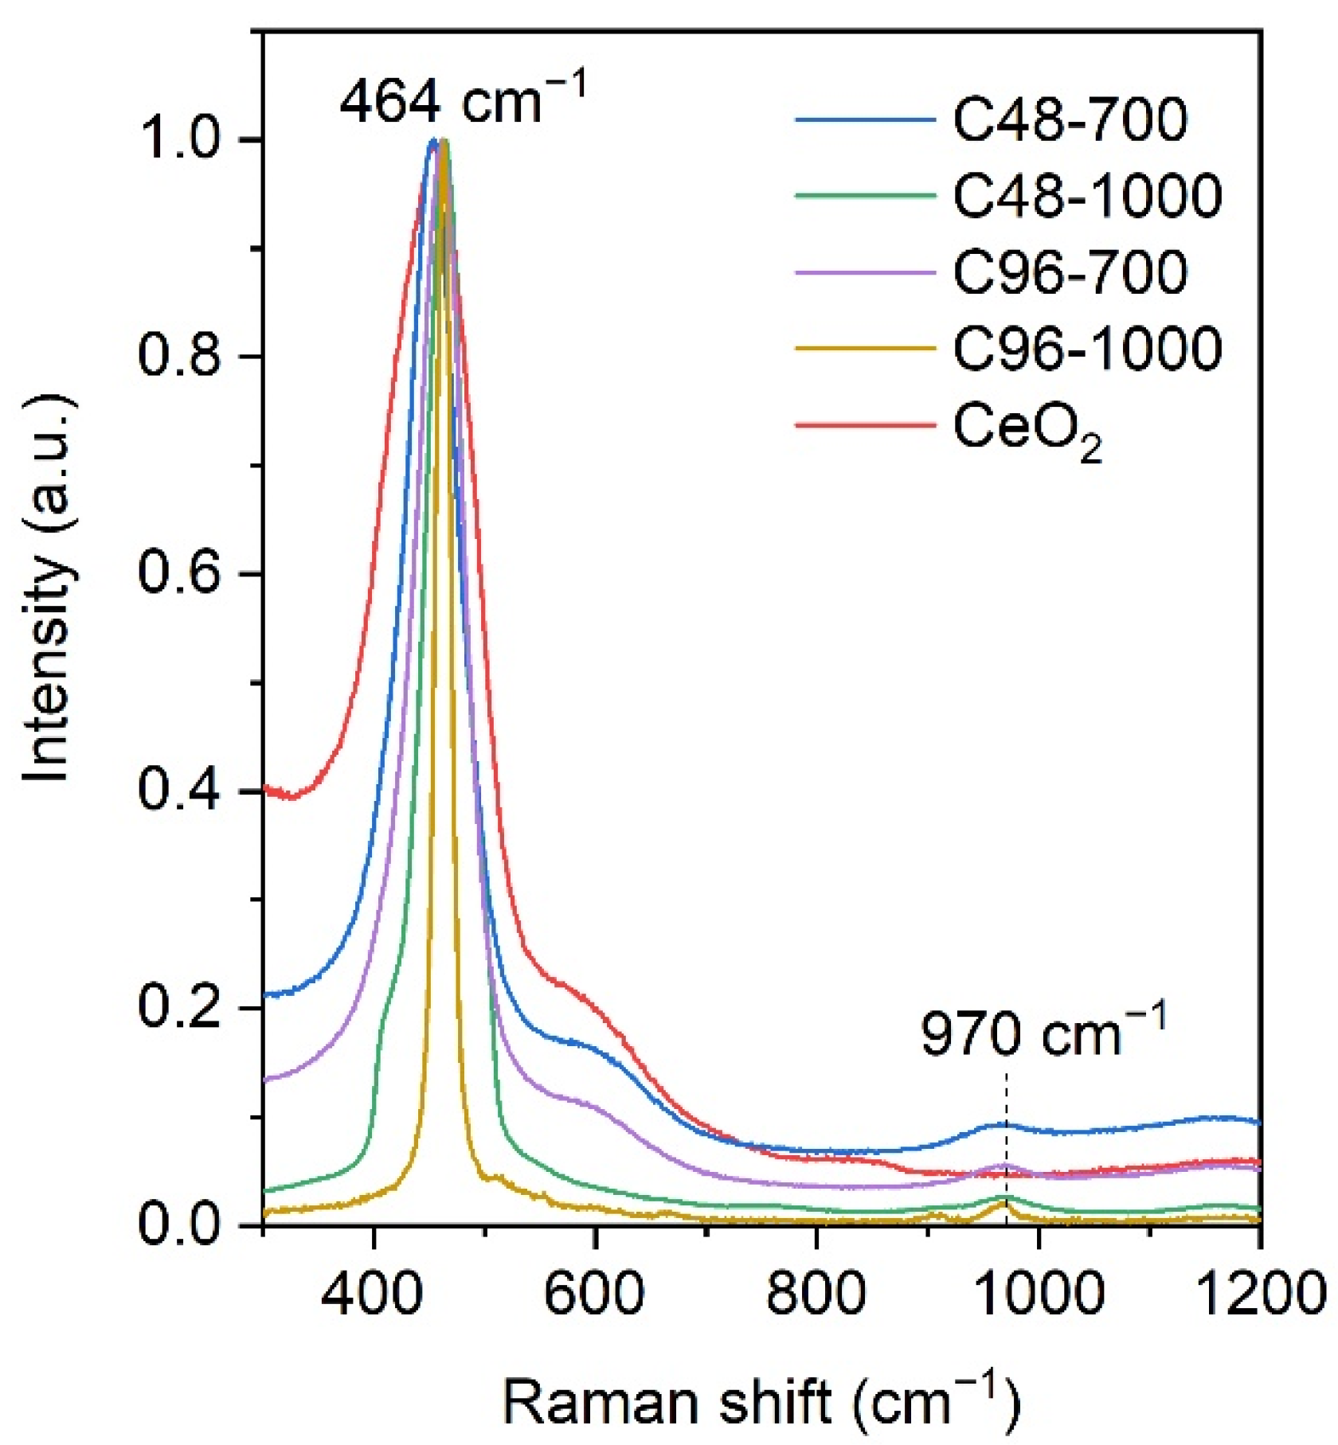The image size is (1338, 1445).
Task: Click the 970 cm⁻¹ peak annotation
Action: [1042, 1033]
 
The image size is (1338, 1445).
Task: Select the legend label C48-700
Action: [1069, 120]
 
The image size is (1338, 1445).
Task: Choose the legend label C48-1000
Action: [1086, 196]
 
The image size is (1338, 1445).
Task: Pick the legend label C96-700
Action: [1069, 272]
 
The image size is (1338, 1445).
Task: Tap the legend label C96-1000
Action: [1086, 348]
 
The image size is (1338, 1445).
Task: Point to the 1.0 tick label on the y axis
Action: [178, 140]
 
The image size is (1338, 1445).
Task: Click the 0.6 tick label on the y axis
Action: [178, 573]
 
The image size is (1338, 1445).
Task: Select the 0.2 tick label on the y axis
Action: [178, 1007]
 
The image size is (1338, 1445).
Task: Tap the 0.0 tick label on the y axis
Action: [178, 1224]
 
